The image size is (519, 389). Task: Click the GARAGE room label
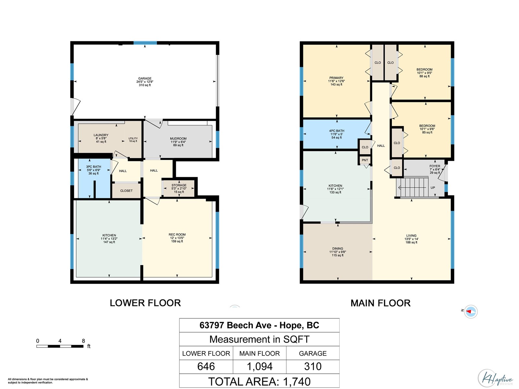tap(145, 78)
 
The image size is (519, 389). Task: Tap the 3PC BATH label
tap(93, 167)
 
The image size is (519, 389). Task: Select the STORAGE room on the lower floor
tap(179, 188)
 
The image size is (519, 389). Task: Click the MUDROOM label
tap(178, 139)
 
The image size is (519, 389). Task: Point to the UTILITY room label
tap(133, 138)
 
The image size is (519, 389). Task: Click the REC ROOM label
tap(177, 235)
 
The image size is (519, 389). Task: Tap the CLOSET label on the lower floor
tap(126, 191)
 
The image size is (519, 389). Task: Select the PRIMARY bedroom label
tap(336, 78)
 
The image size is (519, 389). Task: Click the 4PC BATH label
tap(337, 131)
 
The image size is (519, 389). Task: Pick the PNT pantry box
tap(365, 160)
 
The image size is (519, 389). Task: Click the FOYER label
tap(435, 166)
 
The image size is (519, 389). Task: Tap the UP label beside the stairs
tap(433, 188)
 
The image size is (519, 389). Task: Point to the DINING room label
tap(338, 249)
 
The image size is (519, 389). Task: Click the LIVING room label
tap(411, 236)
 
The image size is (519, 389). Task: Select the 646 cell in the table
tap(206, 366)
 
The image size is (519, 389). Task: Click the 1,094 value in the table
tap(259, 366)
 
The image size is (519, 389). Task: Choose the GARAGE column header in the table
tap(313, 353)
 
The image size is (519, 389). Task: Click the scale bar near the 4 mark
tap(60, 346)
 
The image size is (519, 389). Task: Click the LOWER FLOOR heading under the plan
tap(145, 303)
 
